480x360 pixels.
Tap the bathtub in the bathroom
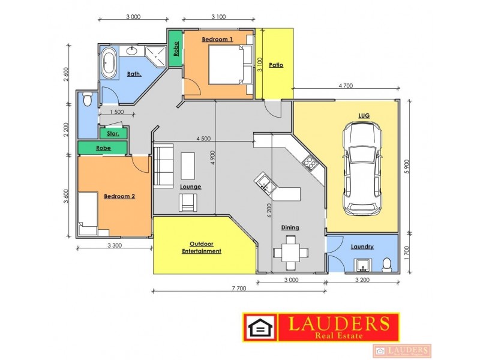(109, 64)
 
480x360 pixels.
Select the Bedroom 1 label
(217, 39)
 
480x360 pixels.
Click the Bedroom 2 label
(119, 196)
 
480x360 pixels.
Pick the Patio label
(276, 65)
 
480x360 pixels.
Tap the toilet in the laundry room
(387, 263)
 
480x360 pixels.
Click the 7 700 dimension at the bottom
(238, 289)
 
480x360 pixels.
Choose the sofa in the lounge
(162, 166)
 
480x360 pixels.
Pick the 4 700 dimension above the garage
(345, 86)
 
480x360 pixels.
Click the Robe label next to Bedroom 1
(175, 48)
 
